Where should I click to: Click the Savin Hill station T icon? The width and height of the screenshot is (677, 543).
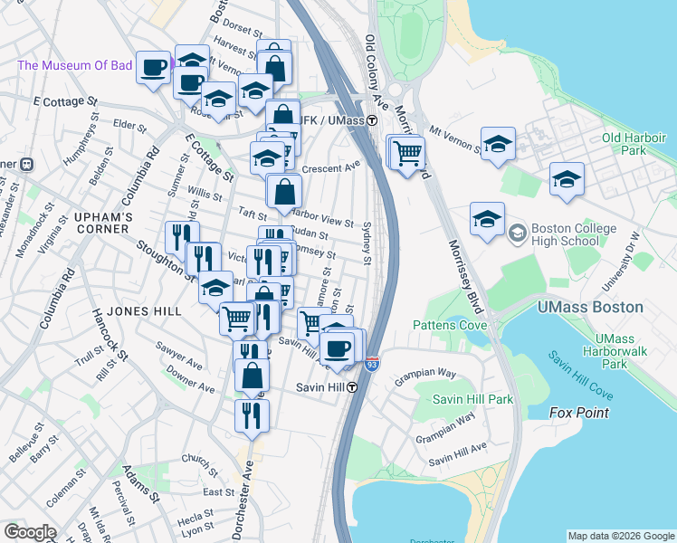(x=351, y=387)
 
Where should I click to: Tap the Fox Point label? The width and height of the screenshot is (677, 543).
(x=579, y=413)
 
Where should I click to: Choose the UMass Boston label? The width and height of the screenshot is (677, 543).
(x=590, y=307)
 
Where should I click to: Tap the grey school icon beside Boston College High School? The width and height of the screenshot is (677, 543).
(x=516, y=230)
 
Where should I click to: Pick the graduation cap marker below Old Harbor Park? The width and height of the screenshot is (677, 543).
(x=567, y=178)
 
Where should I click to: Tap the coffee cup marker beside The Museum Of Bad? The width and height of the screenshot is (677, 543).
(x=153, y=66)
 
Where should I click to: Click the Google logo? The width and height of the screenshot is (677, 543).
(x=30, y=532)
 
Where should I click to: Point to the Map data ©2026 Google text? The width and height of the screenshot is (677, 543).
(x=620, y=536)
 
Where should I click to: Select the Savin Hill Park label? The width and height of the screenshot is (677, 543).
(x=472, y=399)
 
